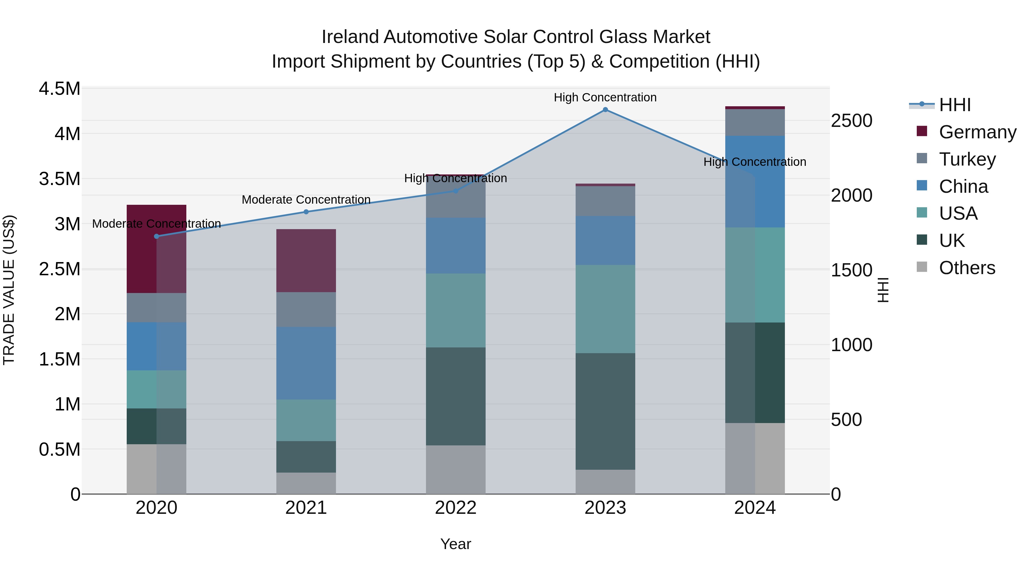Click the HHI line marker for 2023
coord(605,110)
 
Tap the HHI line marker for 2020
coord(157,236)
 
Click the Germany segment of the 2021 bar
coord(306,261)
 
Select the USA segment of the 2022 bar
coord(456,310)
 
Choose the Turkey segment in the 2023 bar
coord(605,201)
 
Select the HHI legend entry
coord(954,105)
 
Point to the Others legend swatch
coord(922,267)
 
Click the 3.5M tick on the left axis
coord(59,179)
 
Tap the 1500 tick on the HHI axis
coord(851,270)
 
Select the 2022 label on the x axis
coord(456,508)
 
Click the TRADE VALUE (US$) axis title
coord(9,290)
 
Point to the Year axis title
coord(456,544)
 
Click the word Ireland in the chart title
coord(351,37)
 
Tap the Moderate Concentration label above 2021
coord(306,199)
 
